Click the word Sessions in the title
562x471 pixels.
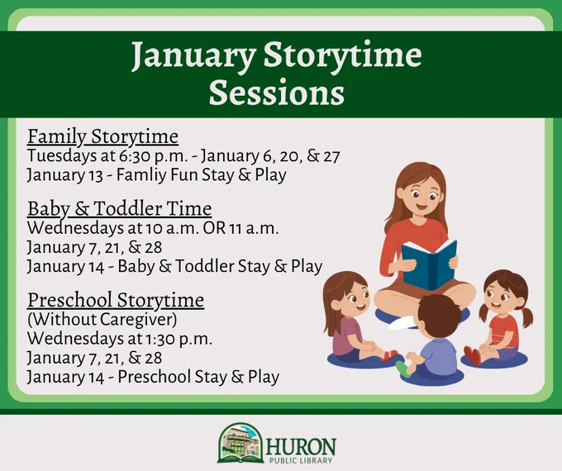pyautogui.click(x=277, y=93)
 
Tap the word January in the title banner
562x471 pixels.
pyautogui.click(x=193, y=56)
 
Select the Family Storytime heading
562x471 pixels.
pyautogui.click(x=102, y=137)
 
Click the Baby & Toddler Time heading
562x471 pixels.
pyautogui.click(x=119, y=209)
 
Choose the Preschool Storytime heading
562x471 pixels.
pyautogui.click(x=116, y=300)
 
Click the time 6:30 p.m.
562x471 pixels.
pyautogui.click(x=151, y=156)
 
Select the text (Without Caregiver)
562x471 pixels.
pyautogui.click(x=102, y=320)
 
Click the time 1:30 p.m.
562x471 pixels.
pyautogui.click(x=179, y=339)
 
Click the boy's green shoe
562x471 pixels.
pyautogui.click(x=402, y=369)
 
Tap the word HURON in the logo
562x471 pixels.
pyautogui.click(x=300, y=446)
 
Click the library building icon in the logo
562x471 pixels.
pyautogui.click(x=241, y=443)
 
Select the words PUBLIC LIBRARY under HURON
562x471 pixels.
pyautogui.click(x=300, y=460)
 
